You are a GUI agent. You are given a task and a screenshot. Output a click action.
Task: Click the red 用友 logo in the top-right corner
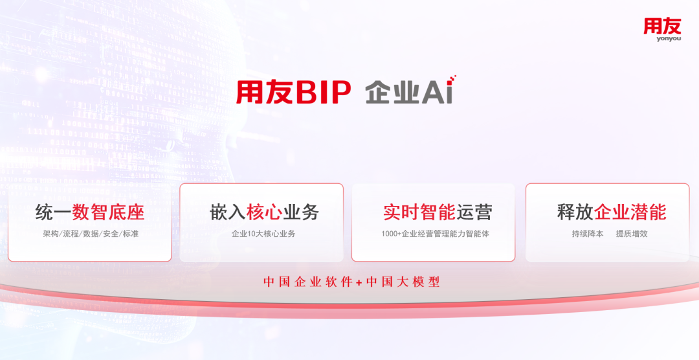[x=662, y=26]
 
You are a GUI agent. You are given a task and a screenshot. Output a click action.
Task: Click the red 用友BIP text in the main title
[x=293, y=92]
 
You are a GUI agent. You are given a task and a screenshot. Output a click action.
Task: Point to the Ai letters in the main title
[x=439, y=91]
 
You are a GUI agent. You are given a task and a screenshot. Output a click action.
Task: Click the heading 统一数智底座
[x=90, y=212]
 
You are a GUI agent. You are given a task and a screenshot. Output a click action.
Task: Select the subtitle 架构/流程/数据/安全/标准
[x=90, y=234]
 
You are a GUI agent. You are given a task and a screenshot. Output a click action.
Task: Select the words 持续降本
[x=587, y=234]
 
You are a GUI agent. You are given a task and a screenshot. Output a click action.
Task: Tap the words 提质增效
[x=632, y=234]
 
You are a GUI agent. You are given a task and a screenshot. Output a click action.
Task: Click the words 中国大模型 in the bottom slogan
[x=403, y=282]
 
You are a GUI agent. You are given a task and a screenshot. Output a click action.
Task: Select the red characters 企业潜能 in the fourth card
[x=630, y=212]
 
